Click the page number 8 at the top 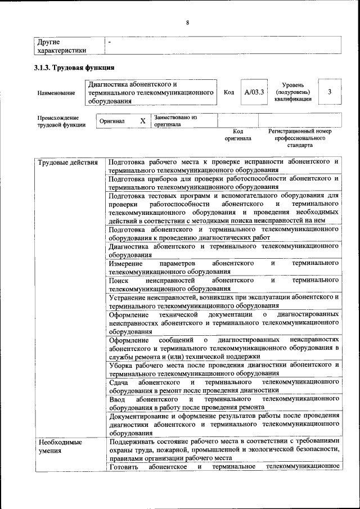click(187, 22)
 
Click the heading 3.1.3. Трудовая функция click(70, 67)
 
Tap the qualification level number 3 click(330, 92)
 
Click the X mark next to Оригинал click(143, 121)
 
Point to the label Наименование click(56, 93)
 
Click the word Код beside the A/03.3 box click(229, 92)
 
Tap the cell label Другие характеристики click(61, 46)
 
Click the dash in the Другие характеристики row click(110, 42)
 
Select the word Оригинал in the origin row click(112, 121)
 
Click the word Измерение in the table click(127, 263)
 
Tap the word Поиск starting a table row click(119, 280)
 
